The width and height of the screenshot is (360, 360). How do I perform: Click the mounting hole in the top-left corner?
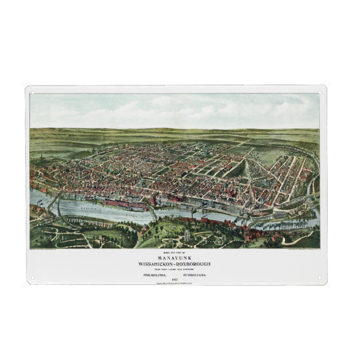(32, 92)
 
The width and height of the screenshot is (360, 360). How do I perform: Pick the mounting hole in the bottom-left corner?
(32, 278)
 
